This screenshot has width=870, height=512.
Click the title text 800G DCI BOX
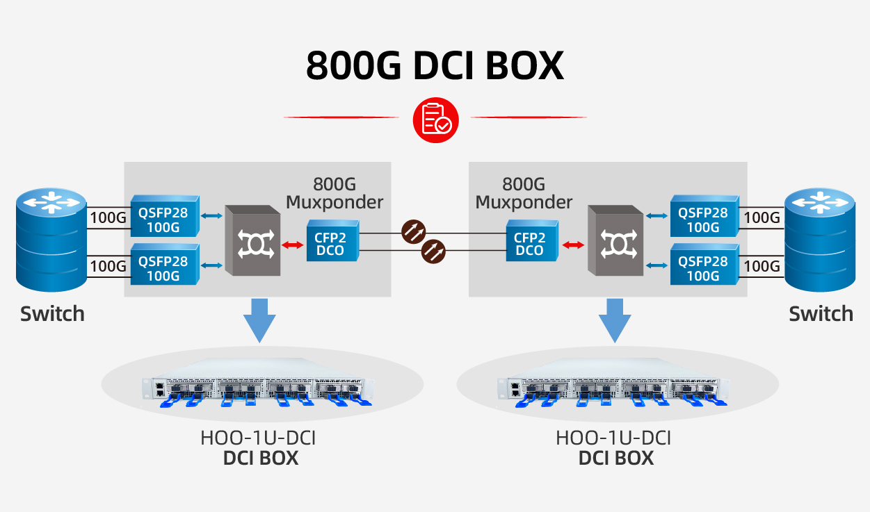pyautogui.click(x=435, y=65)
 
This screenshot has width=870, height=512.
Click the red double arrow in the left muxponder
pyautogui.click(x=293, y=245)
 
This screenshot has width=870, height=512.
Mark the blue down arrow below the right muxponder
pyautogui.click(x=615, y=320)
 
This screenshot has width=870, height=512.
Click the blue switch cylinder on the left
pyautogui.click(x=51, y=240)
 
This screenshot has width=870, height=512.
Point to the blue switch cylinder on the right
pyautogui.click(x=820, y=240)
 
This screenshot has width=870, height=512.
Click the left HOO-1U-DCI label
pyautogui.click(x=262, y=438)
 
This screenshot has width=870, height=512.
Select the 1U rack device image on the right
pyautogui.click(x=615, y=390)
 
